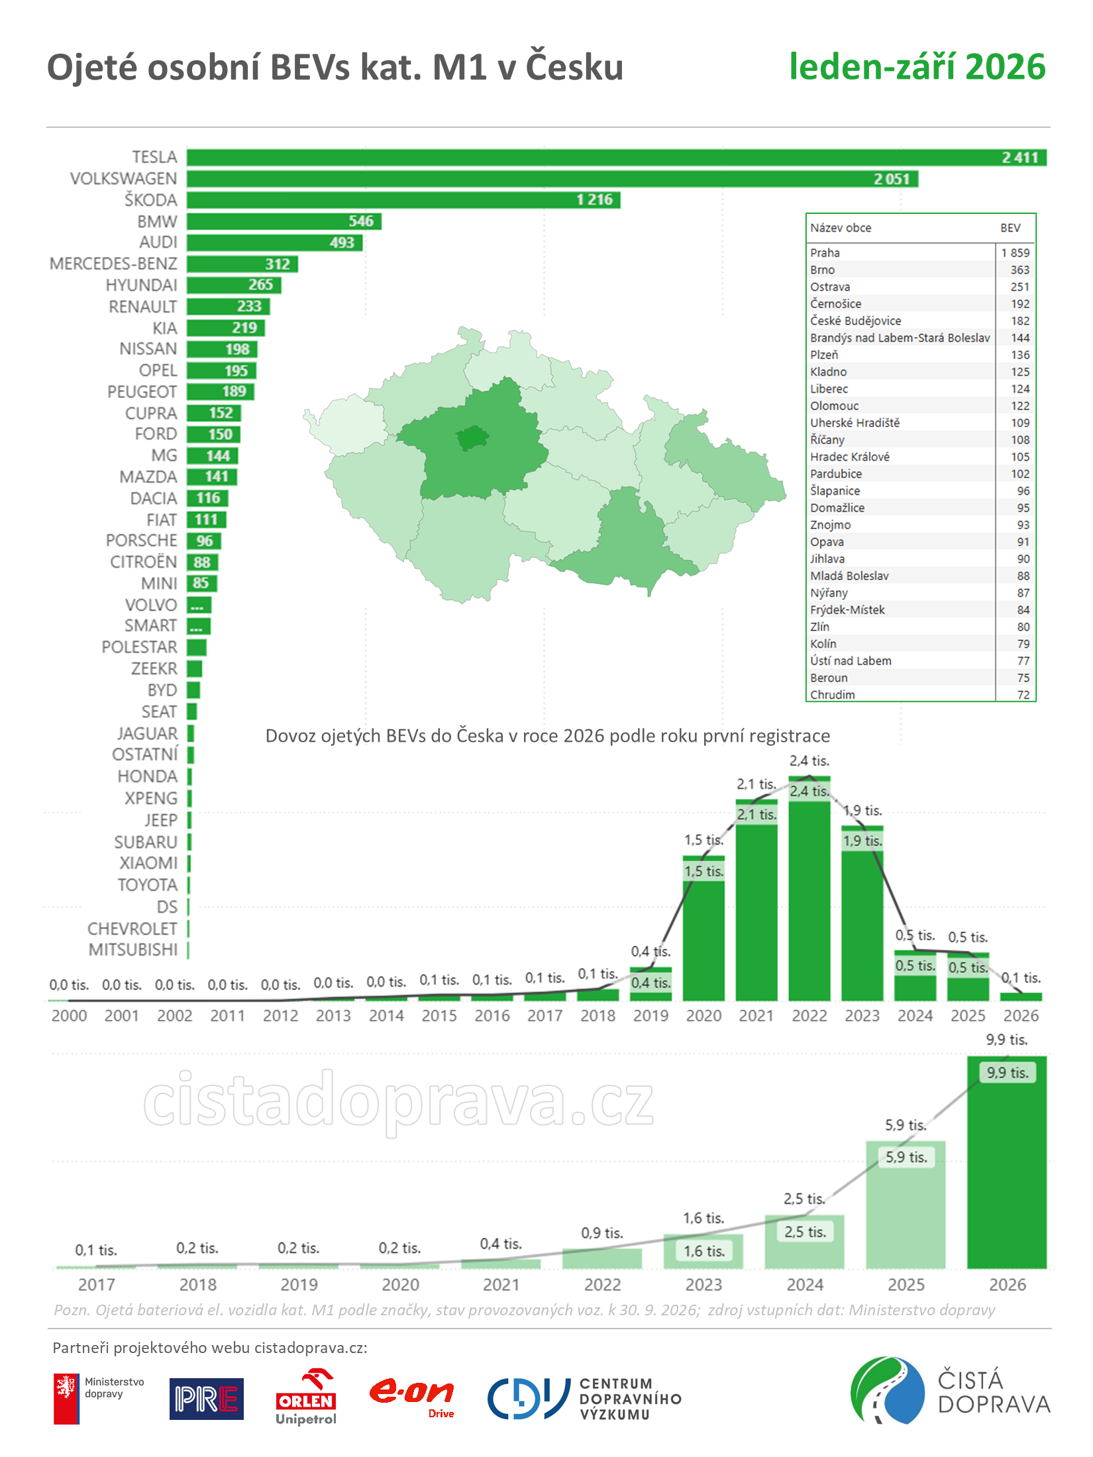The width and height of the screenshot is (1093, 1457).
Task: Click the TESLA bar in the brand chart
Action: click(616, 158)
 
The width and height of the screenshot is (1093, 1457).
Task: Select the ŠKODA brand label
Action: click(151, 200)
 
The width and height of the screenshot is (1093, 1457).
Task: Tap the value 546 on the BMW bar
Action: click(361, 221)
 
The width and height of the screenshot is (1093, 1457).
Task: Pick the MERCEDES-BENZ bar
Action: click(242, 264)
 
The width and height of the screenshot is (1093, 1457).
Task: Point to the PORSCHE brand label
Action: click(142, 540)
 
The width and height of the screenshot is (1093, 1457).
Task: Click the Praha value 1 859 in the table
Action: click(1015, 253)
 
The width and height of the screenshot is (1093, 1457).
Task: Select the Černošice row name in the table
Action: click(836, 304)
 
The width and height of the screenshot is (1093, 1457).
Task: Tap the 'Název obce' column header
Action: click(841, 228)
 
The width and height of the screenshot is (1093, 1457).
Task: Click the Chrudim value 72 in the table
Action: click(1023, 695)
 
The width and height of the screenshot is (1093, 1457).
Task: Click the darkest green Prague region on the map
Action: click(472, 438)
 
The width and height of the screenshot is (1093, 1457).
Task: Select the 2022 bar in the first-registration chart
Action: click(809, 888)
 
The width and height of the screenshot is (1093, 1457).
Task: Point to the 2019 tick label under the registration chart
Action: click(651, 1016)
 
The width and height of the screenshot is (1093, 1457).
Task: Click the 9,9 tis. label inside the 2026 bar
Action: click(1008, 1073)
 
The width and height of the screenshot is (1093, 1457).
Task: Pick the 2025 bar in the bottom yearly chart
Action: click(906, 1205)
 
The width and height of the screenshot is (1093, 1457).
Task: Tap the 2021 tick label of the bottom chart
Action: click(501, 1285)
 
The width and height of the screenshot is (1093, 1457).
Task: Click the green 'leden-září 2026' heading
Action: click(917, 67)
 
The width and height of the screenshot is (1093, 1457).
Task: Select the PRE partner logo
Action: click(207, 1399)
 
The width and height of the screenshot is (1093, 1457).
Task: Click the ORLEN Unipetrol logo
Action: click(306, 1397)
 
